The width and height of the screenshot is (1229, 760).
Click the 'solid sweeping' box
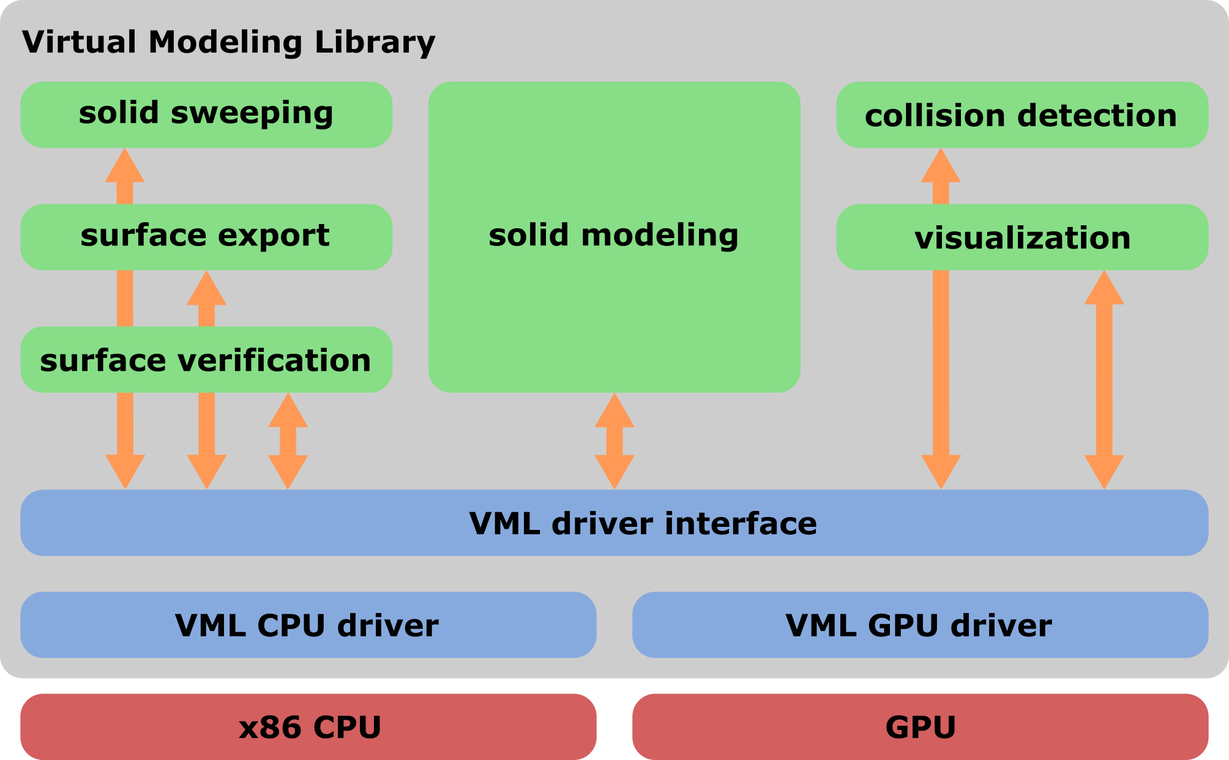pyautogui.click(x=206, y=114)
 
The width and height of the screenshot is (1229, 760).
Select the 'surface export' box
pyautogui.click(x=206, y=237)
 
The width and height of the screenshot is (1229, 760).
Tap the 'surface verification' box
pyautogui.click(x=206, y=360)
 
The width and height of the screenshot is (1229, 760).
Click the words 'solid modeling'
pyautogui.click(x=613, y=236)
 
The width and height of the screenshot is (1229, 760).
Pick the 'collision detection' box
pyautogui.click(x=1022, y=115)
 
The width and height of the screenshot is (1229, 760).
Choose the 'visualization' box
pyautogui.click(x=1022, y=237)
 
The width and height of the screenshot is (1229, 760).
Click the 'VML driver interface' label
pyautogui.click(x=643, y=523)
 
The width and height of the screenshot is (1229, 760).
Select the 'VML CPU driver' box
pyautogui.click(x=308, y=625)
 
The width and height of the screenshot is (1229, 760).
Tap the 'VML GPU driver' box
pyautogui.click(x=919, y=625)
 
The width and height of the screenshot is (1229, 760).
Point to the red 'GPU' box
pyautogui.click(x=919, y=727)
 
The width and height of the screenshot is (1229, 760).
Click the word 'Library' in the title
pyautogui.click(x=375, y=43)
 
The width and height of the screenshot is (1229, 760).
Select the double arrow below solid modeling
pyautogui.click(x=614, y=441)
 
